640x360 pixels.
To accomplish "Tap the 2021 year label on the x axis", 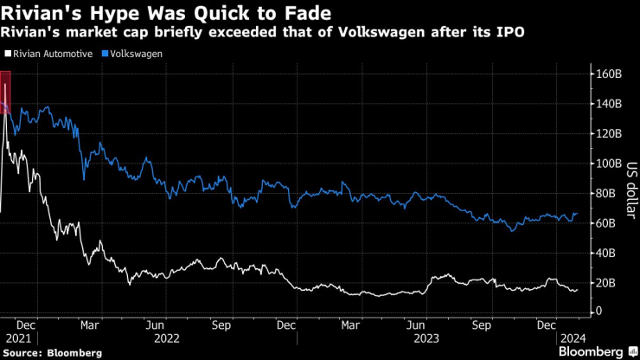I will click(17, 339).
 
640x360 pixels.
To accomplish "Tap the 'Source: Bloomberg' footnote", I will click(52, 353).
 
